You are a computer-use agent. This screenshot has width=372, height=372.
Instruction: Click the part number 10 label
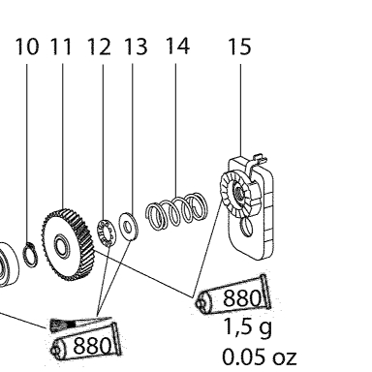coord(27,46)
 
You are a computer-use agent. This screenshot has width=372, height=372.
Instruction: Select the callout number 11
coord(61,46)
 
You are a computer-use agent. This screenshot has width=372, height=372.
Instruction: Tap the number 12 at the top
coord(99,46)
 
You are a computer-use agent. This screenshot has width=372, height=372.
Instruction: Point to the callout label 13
coord(136,46)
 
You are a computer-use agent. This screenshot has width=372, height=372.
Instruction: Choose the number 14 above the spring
coord(177,46)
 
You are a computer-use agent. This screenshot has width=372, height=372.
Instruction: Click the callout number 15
coord(239,46)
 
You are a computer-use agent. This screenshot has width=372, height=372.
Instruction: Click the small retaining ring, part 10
coord(30,255)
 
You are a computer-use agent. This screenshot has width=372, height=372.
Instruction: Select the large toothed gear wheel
coord(68,244)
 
